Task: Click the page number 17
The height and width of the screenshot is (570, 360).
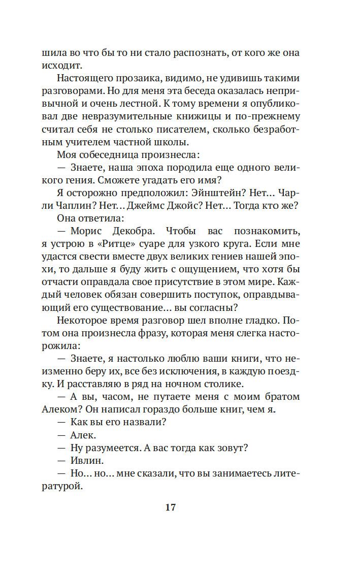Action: (x=170, y=508)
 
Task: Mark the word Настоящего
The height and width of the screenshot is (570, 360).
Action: (x=84, y=79)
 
